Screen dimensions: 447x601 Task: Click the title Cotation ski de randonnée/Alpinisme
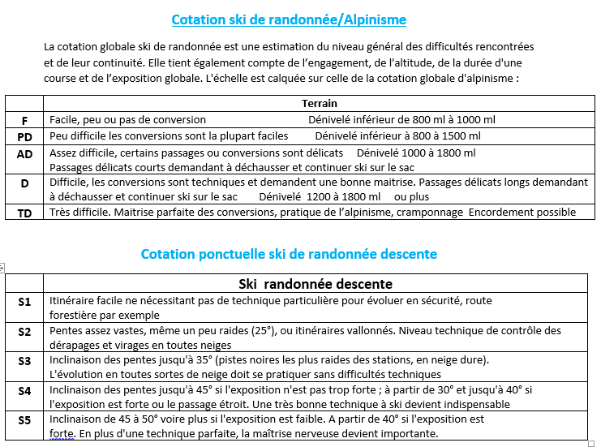(x=289, y=19)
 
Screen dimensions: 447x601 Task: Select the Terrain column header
(x=320, y=103)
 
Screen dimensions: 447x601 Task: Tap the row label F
(x=24, y=120)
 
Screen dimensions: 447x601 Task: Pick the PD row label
(x=24, y=137)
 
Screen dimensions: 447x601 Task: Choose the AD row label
(x=24, y=153)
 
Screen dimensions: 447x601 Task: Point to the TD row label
(x=24, y=213)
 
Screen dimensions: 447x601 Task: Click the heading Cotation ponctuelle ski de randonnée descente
(x=289, y=254)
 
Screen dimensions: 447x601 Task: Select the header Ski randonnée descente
(x=316, y=284)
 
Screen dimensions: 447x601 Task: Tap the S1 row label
(x=24, y=302)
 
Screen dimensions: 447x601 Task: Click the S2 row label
(x=24, y=331)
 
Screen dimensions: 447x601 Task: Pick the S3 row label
(x=24, y=360)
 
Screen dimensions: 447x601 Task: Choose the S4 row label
(x=24, y=390)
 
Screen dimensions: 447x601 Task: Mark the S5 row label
(x=24, y=420)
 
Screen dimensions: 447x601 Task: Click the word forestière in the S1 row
(x=74, y=316)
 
